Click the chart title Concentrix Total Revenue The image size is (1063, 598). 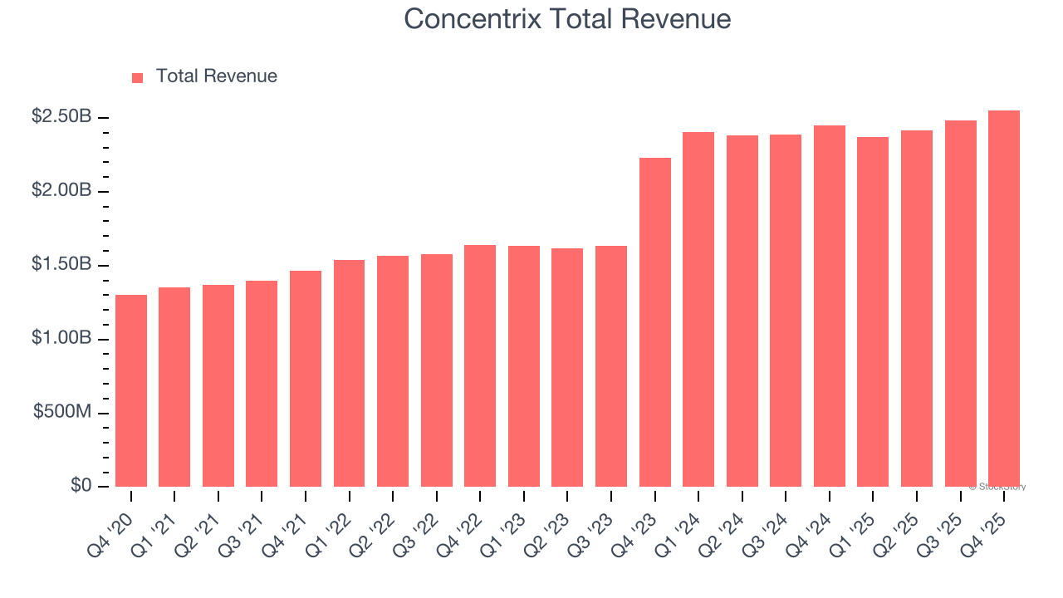coord(567,19)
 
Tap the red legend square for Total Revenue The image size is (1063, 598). coord(138,77)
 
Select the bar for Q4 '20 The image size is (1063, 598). coord(131,390)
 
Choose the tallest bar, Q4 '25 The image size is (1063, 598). coord(1003,299)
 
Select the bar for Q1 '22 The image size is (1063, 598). coord(349,373)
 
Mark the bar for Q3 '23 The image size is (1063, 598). coord(610,366)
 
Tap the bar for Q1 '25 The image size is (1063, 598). coord(873,311)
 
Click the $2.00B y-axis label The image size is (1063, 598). coord(61,191)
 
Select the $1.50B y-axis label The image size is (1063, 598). coord(61,265)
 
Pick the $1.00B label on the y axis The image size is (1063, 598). coord(61,339)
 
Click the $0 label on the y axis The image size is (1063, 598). coord(81,486)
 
